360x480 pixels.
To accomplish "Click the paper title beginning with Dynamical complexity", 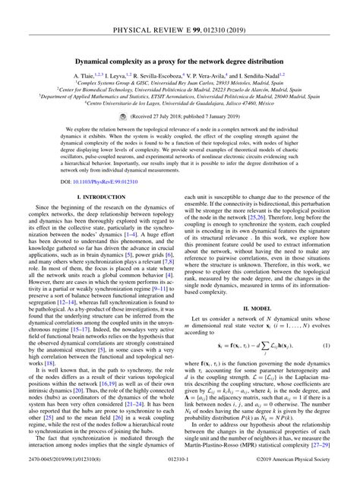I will tap(180, 59).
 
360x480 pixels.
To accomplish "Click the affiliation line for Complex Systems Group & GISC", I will tap(180, 85).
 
